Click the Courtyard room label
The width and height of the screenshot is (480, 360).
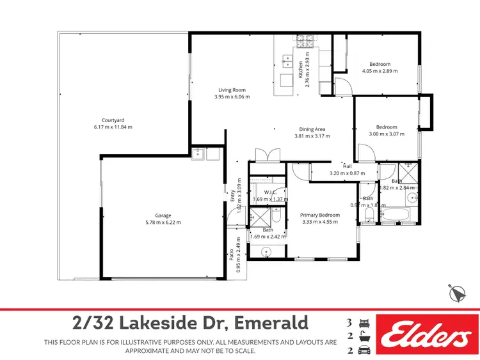[x=113, y=120]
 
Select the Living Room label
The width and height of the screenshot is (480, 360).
[x=232, y=90]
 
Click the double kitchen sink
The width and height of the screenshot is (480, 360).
[x=285, y=63]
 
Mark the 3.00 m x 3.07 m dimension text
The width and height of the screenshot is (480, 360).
[x=387, y=134]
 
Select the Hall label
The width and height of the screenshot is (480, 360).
[x=347, y=166]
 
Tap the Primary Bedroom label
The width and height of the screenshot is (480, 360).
[x=320, y=215]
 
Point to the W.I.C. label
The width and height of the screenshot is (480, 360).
[x=269, y=192]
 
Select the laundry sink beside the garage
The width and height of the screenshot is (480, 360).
[x=198, y=153]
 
